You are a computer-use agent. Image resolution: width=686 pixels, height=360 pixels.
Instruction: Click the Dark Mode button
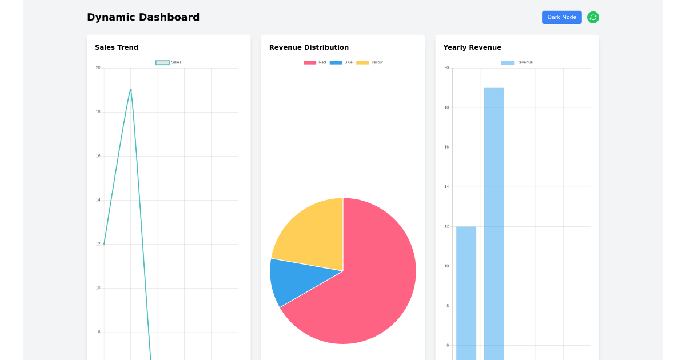pyautogui.click(x=561, y=17)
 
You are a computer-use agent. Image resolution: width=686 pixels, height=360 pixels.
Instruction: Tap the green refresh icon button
pyautogui.click(x=593, y=17)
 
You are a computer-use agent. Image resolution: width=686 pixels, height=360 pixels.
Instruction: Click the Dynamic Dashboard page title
pyautogui.click(x=143, y=17)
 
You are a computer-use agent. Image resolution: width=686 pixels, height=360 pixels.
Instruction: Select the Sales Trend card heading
pyautogui.click(x=117, y=47)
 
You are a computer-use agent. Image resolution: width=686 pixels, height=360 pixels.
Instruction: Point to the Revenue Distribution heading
pyautogui.click(x=309, y=47)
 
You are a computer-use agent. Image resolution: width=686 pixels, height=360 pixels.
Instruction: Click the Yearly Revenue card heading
pyautogui.click(x=472, y=47)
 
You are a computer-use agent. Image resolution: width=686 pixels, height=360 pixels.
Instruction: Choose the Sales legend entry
pyautogui.click(x=169, y=62)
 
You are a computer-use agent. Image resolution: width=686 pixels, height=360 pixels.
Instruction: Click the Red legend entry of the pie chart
pyautogui.click(x=315, y=62)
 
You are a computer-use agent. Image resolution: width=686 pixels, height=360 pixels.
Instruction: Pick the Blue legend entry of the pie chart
pyautogui.click(x=341, y=62)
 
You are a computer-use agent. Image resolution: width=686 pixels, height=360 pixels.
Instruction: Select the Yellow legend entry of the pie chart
pyautogui.click(x=370, y=62)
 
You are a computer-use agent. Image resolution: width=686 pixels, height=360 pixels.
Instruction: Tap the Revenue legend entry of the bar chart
pyautogui.click(x=517, y=62)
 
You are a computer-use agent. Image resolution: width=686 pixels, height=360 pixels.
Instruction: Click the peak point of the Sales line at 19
pyautogui.click(x=131, y=90)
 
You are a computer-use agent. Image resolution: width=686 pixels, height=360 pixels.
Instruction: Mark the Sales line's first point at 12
pyautogui.click(x=104, y=244)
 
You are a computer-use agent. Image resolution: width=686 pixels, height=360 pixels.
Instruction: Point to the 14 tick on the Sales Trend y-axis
pyautogui.click(x=98, y=200)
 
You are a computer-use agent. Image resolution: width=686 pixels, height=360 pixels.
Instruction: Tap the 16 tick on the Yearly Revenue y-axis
pyautogui.click(x=446, y=147)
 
